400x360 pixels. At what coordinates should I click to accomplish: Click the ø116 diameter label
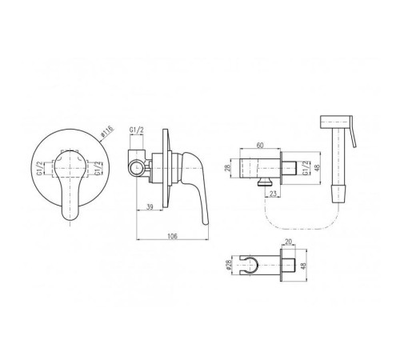[x=107, y=132]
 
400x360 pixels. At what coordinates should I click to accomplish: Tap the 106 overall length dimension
[x=172, y=236]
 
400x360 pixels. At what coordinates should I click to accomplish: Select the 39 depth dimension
[x=150, y=206]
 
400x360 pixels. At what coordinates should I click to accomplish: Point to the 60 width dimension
[x=260, y=145]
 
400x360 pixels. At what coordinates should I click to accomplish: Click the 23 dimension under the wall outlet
[x=273, y=194]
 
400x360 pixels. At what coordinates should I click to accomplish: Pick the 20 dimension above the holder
[x=289, y=242]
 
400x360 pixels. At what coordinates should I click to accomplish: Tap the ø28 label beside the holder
[x=229, y=266]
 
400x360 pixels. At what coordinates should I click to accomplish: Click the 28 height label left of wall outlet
[x=227, y=168]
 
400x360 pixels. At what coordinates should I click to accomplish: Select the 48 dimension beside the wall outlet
[x=317, y=168]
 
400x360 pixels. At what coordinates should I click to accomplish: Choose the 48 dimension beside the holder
[x=304, y=265]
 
